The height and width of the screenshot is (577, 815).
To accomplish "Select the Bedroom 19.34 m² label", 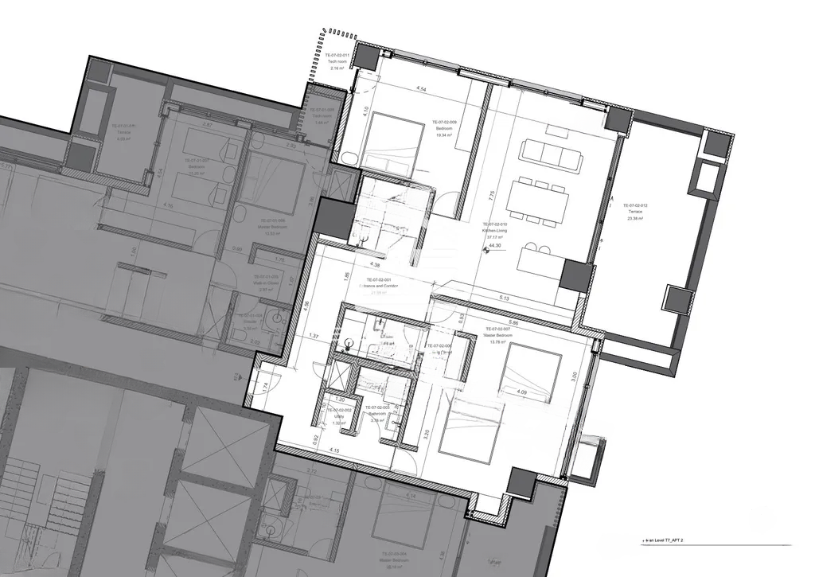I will pyautogui.click(x=443, y=128).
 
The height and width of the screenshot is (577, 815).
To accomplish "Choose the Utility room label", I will pyautogui.click(x=337, y=419).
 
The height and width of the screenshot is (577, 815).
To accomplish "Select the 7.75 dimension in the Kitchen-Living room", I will pyautogui.click(x=493, y=193).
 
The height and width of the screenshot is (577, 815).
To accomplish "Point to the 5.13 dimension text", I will pyautogui.click(x=504, y=298).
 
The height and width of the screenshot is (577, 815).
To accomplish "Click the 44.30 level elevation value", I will pyautogui.click(x=497, y=246).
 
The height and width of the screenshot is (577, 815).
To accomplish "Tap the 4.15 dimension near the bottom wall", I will pyautogui.click(x=334, y=451).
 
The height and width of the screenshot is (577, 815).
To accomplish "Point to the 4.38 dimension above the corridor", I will pyautogui.click(x=374, y=264).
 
